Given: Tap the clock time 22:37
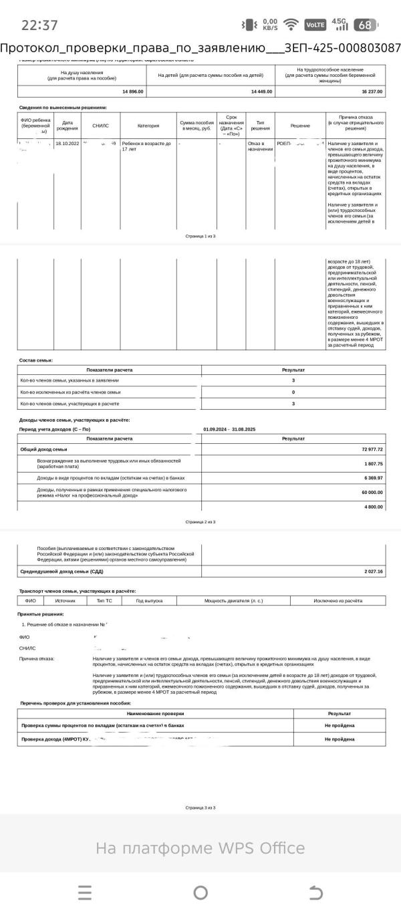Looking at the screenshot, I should [x=39, y=25].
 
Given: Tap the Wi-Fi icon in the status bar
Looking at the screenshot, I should [x=290, y=25].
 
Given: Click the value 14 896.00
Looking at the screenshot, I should [x=132, y=91].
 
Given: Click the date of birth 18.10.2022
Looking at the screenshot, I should [x=67, y=144].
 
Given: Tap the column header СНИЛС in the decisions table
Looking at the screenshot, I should [x=100, y=125].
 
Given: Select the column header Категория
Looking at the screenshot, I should [x=148, y=125].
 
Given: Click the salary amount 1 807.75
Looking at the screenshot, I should [x=374, y=464].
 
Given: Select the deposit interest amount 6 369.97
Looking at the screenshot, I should [x=374, y=478].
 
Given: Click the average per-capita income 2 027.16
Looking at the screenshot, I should [x=374, y=571].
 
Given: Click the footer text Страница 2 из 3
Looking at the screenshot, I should [x=200, y=522].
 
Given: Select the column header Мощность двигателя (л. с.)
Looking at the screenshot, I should [x=238, y=601].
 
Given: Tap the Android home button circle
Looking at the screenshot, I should [x=200, y=892].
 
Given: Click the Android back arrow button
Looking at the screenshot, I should [x=315, y=892].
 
